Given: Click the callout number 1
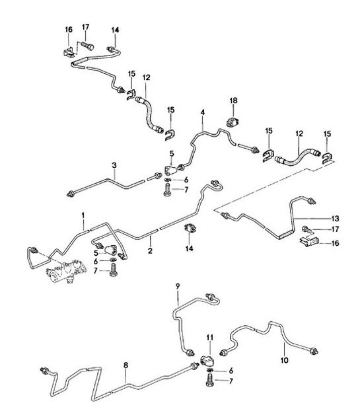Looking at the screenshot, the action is [83, 215].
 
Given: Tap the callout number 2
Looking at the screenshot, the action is [150, 250].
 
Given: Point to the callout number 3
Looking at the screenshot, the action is [114, 165].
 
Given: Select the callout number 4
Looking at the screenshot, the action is [203, 112].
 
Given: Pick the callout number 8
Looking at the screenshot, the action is [126, 365].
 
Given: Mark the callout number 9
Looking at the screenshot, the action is [178, 286].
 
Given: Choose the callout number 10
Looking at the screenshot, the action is [284, 360].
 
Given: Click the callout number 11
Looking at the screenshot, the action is [210, 337].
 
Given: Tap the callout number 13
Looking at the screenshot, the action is [335, 219].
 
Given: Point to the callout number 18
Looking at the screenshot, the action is [234, 100].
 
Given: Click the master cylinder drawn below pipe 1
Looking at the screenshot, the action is [67, 270].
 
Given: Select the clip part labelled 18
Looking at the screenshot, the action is [233, 122].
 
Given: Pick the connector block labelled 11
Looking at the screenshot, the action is [207, 361].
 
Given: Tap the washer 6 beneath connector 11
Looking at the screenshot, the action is [210, 369].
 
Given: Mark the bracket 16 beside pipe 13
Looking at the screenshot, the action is [309, 241].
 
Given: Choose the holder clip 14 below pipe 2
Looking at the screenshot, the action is [190, 228].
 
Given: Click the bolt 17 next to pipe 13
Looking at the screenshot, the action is [307, 229].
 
